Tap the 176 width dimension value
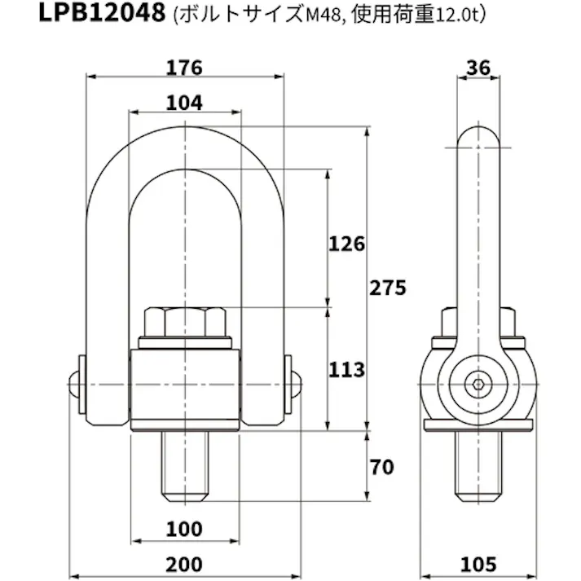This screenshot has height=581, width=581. click(x=186, y=68)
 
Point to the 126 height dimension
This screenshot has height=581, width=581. click(x=346, y=243)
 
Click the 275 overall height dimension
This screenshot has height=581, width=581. click(x=387, y=288)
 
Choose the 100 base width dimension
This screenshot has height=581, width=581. click(x=186, y=529)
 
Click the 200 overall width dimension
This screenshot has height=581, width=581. click(x=186, y=563)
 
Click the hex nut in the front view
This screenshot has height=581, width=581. click(x=186, y=323)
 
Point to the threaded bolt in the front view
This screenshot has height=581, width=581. click(x=186, y=467)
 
